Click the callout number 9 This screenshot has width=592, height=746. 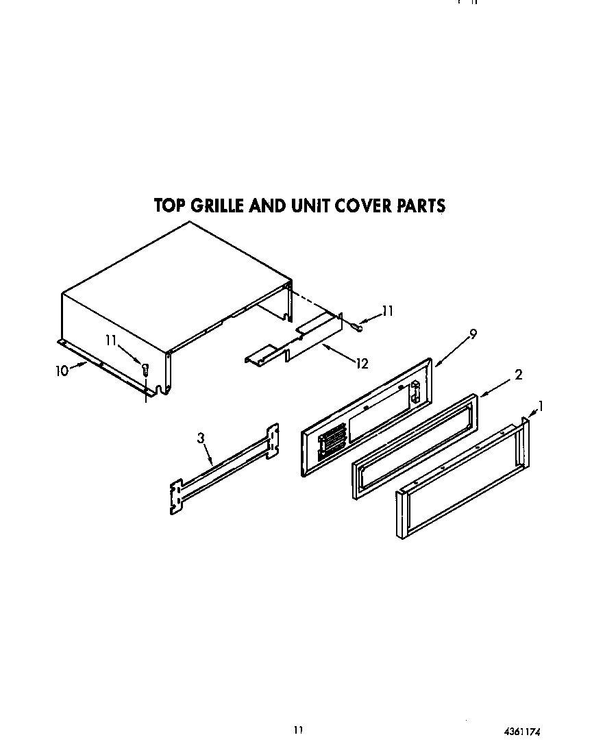[x=473, y=334]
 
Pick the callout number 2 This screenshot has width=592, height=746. [x=519, y=374]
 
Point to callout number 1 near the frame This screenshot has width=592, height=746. [x=541, y=406]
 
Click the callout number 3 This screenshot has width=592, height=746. [x=201, y=438]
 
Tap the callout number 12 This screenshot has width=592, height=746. [x=362, y=363]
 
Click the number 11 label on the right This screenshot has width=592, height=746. [x=387, y=311]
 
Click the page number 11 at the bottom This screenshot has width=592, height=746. [x=298, y=730]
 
